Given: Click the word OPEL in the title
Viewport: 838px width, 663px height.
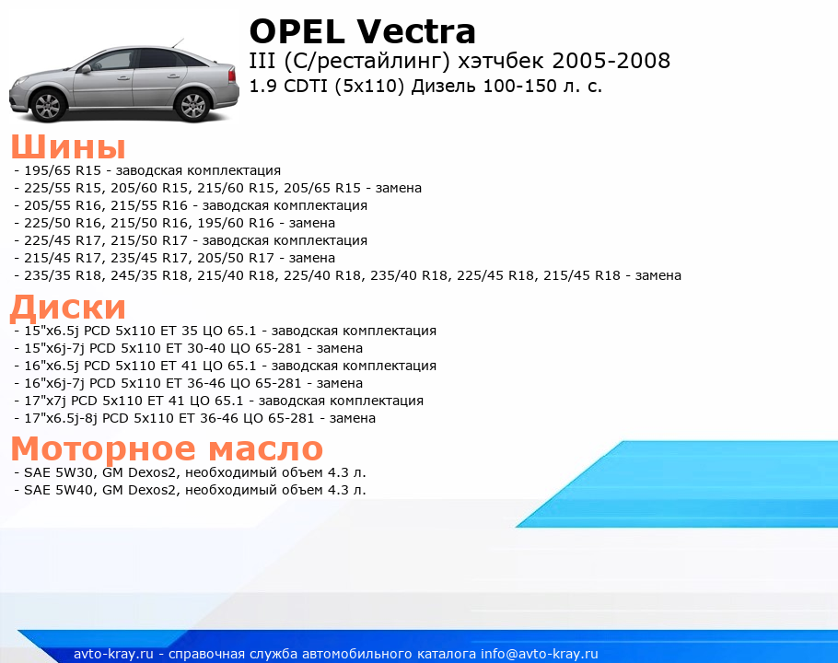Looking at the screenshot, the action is pyautogui.click(x=297, y=31).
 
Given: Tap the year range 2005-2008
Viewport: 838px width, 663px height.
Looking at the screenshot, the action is pyautogui.click(x=611, y=61).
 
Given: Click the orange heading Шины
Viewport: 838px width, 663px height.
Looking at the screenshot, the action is pyautogui.click(x=68, y=146).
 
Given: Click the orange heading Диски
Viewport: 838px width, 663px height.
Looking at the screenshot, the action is pyautogui.click(x=68, y=308).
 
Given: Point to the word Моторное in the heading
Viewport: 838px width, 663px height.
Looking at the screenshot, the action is pyautogui.click(x=103, y=448).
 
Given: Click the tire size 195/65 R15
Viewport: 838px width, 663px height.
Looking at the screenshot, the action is pyautogui.click(x=63, y=170).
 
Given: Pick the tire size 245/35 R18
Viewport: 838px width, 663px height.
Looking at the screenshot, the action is pyautogui.click(x=149, y=275).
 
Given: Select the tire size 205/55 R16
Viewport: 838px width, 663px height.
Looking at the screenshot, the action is pyautogui.click(x=63, y=205).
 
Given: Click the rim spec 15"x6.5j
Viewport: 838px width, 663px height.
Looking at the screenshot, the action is pyautogui.click(x=52, y=331).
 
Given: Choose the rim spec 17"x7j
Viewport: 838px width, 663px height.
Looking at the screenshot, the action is pyautogui.click(x=45, y=401).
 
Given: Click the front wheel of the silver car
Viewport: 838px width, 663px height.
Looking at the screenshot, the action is pyautogui.click(x=49, y=105).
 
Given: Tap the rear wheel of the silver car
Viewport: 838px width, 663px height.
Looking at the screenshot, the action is pyautogui.click(x=193, y=104).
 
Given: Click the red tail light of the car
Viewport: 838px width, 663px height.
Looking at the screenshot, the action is pyautogui.click(x=232, y=75).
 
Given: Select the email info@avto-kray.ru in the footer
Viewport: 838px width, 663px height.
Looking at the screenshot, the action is pyautogui.click(x=540, y=654).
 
